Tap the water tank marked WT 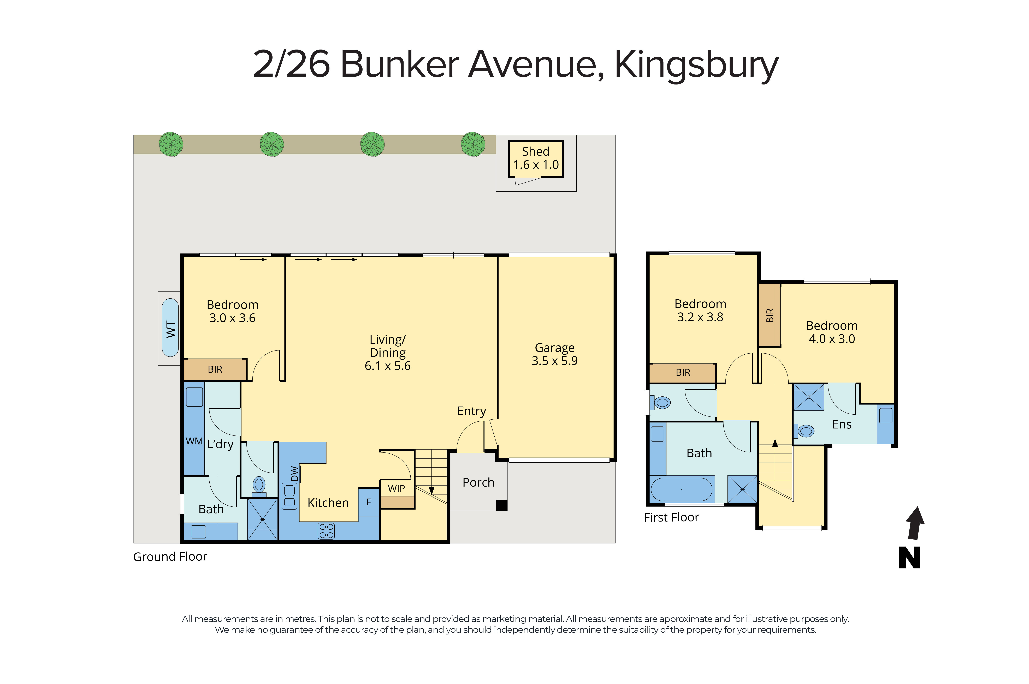click(170, 328)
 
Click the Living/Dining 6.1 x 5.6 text click(388, 353)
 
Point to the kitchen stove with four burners click(326, 531)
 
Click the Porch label click(478, 482)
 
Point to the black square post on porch click(502, 505)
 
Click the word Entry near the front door click(471, 411)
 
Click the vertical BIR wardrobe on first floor click(769, 315)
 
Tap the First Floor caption click(671, 517)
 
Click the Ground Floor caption click(170, 557)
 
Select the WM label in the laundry click(194, 441)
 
